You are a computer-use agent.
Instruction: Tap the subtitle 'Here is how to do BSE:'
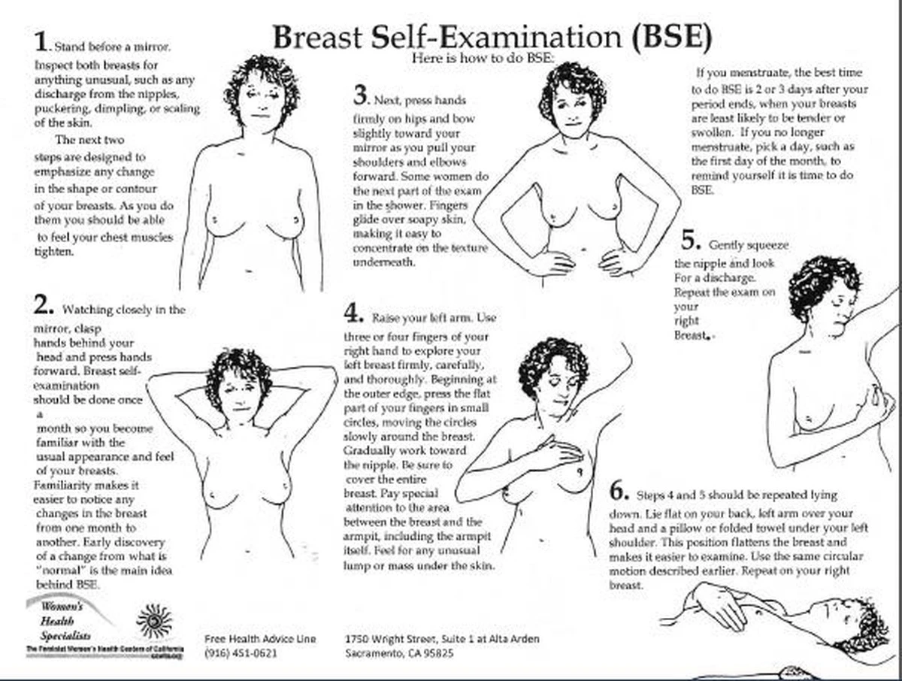(x=482, y=58)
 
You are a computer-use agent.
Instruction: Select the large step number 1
(x=42, y=42)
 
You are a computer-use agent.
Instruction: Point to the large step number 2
(x=44, y=305)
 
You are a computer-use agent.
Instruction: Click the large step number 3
(x=361, y=96)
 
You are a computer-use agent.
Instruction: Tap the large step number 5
(x=690, y=241)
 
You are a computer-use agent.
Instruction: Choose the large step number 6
(x=619, y=492)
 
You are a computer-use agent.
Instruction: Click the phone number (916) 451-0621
(x=241, y=653)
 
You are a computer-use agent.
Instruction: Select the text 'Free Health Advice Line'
(x=260, y=639)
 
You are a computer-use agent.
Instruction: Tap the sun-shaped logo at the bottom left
(x=154, y=621)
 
